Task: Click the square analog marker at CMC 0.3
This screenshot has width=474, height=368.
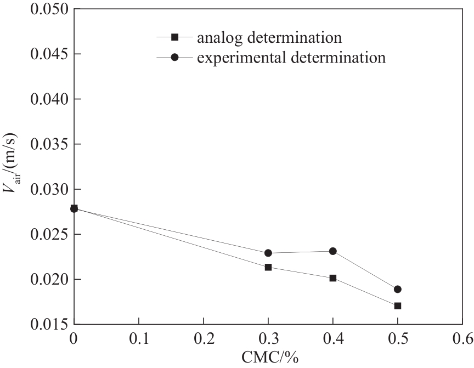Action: coord(268,267)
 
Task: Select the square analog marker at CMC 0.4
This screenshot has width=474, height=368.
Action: coord(333,278)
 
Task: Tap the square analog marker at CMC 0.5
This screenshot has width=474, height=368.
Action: coord(398,305)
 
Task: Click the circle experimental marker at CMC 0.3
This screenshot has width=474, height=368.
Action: coord(268,253)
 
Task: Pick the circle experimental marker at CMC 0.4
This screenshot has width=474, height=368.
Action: coord(333,251)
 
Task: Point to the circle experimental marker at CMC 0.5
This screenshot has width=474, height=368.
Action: coord(398,289)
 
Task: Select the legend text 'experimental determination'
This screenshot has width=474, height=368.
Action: coord(291,57)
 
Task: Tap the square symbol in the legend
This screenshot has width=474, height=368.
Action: coord(175,37)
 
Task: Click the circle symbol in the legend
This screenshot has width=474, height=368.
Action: coord(175,57)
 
